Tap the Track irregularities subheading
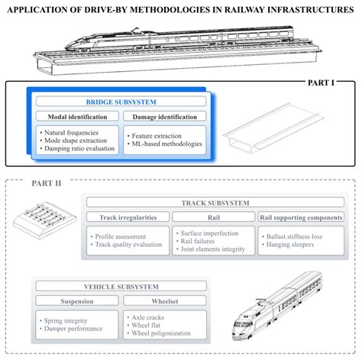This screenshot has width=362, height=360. tap(127, 217)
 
